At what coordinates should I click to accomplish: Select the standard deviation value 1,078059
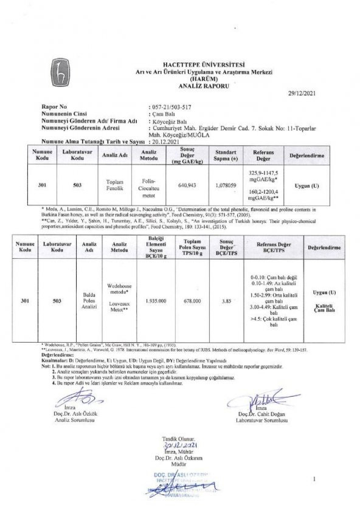pos(225,185)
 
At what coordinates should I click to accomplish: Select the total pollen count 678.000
pos(192,301)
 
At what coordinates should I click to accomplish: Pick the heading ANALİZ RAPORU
pos(204,85)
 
